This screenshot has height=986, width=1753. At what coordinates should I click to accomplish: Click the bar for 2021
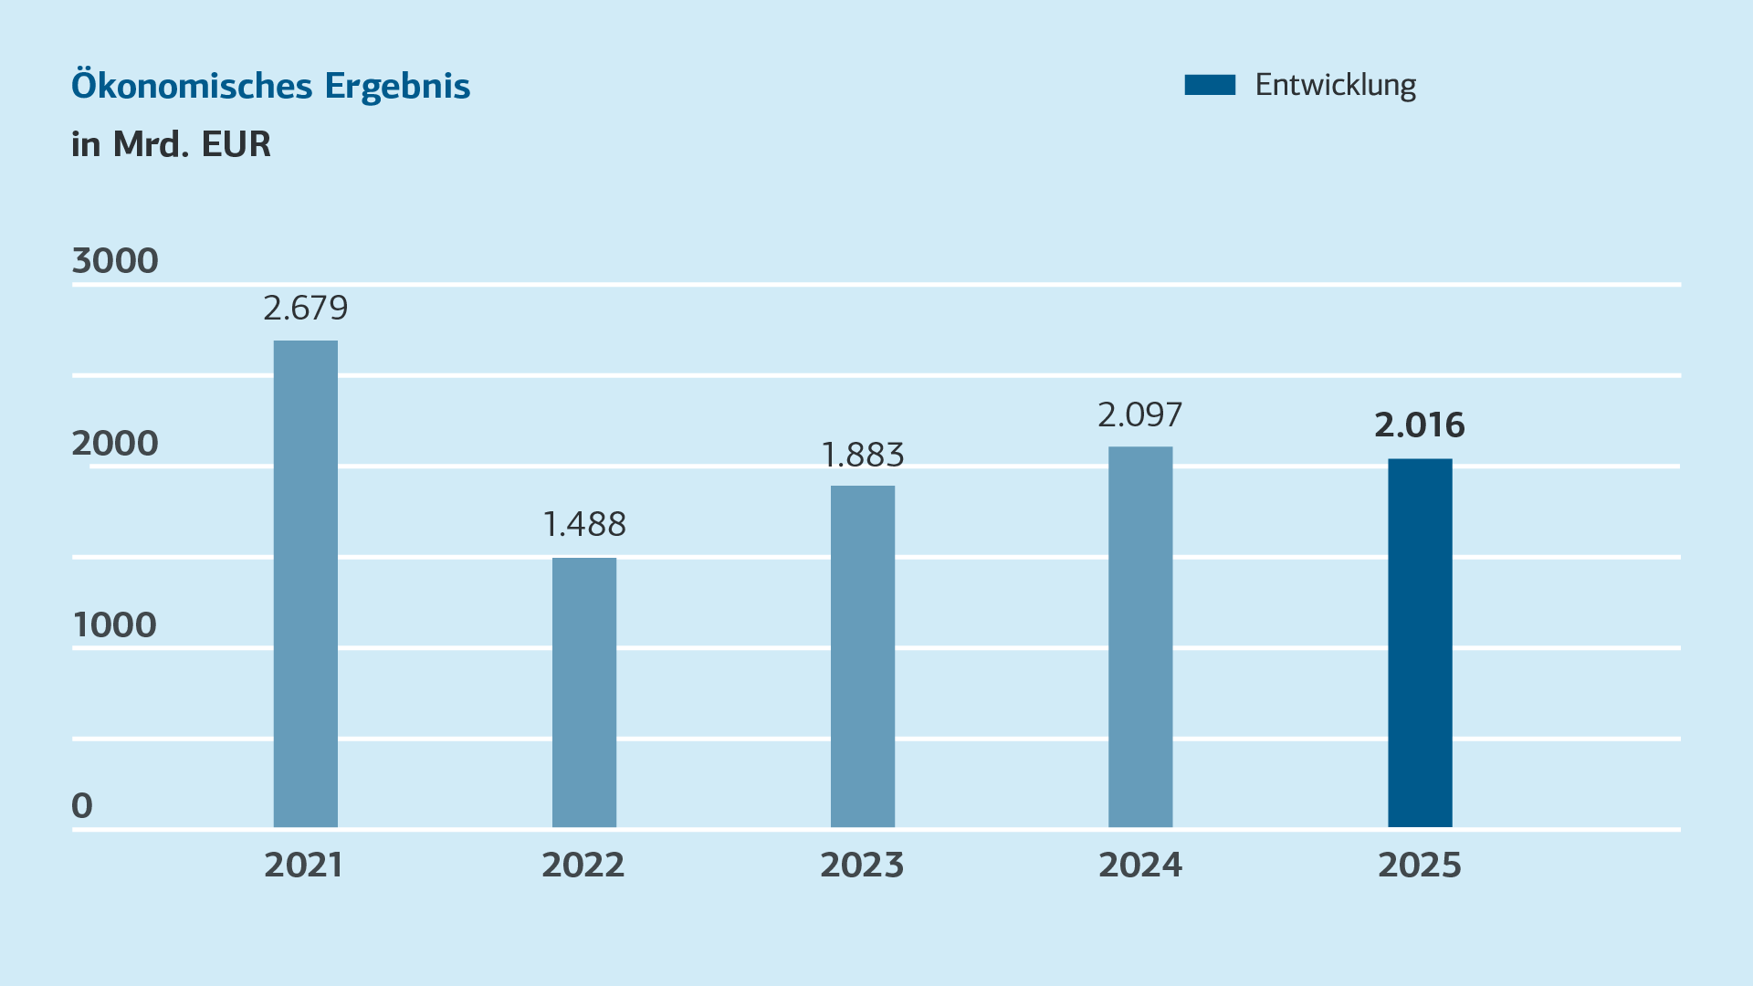(x=306, y=584)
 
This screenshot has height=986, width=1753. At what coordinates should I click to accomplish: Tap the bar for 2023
(x=863, y=656)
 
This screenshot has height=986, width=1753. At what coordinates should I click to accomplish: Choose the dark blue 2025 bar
(x=1420, y=643)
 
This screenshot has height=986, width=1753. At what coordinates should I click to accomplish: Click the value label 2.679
(x=306, y=309)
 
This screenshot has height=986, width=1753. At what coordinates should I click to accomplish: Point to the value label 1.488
(x=584, y=525)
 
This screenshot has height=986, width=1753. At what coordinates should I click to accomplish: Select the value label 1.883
(x=863, y=455)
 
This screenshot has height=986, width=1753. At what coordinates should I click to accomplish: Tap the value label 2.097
(x=1140, y=415)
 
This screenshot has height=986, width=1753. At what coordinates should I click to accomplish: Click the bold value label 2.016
(x=1420, y=425)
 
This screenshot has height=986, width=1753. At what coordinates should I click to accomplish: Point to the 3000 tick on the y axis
(x=115, y=261)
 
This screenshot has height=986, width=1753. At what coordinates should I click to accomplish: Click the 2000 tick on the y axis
(x=115, y=444)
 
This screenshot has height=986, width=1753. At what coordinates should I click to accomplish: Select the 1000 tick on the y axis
(x=115, y=625)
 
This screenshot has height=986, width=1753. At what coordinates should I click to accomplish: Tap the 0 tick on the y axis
(x=82, y=806)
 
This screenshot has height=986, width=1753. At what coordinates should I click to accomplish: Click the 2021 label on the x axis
(x=304, y=865)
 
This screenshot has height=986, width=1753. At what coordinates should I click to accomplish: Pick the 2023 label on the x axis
(x=862, y=865)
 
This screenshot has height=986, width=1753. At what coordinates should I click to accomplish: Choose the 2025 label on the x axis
(x=1420, y=865)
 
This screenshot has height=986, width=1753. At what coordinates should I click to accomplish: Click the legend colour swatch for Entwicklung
(x=1210, y=85)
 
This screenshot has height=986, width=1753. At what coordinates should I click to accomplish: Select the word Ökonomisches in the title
(x=193, y=86)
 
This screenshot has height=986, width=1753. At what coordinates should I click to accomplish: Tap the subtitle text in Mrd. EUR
(x=172, y=144)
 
